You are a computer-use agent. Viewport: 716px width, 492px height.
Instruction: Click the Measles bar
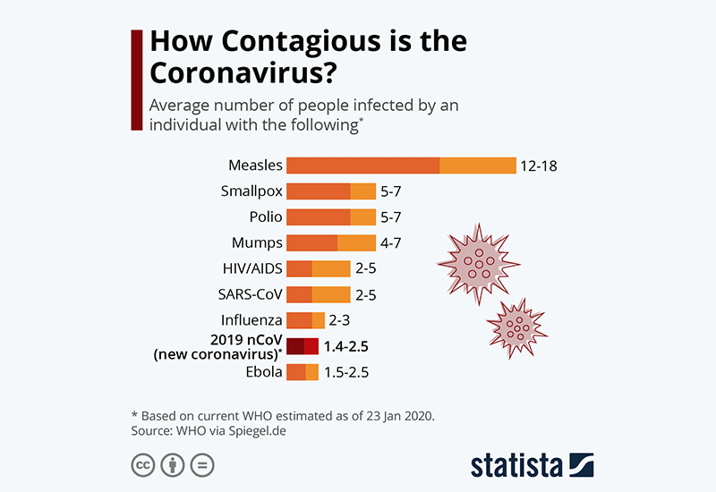pos(401,165)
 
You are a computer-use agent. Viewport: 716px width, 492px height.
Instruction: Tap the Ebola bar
pos(303,372)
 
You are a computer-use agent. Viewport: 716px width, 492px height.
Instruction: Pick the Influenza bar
pos(305,320)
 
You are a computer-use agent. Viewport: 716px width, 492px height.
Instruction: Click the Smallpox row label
pos(251,191)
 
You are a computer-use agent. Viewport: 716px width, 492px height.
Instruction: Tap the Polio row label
pos(266,217)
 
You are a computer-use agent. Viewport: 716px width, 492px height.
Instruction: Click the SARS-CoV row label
pos(251,294)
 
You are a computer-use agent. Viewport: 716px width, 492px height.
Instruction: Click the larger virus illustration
pos(477,263)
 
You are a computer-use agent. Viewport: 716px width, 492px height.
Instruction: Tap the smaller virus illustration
pos(515,324)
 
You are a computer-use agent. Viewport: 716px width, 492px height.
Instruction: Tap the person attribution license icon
pos(172,465)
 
